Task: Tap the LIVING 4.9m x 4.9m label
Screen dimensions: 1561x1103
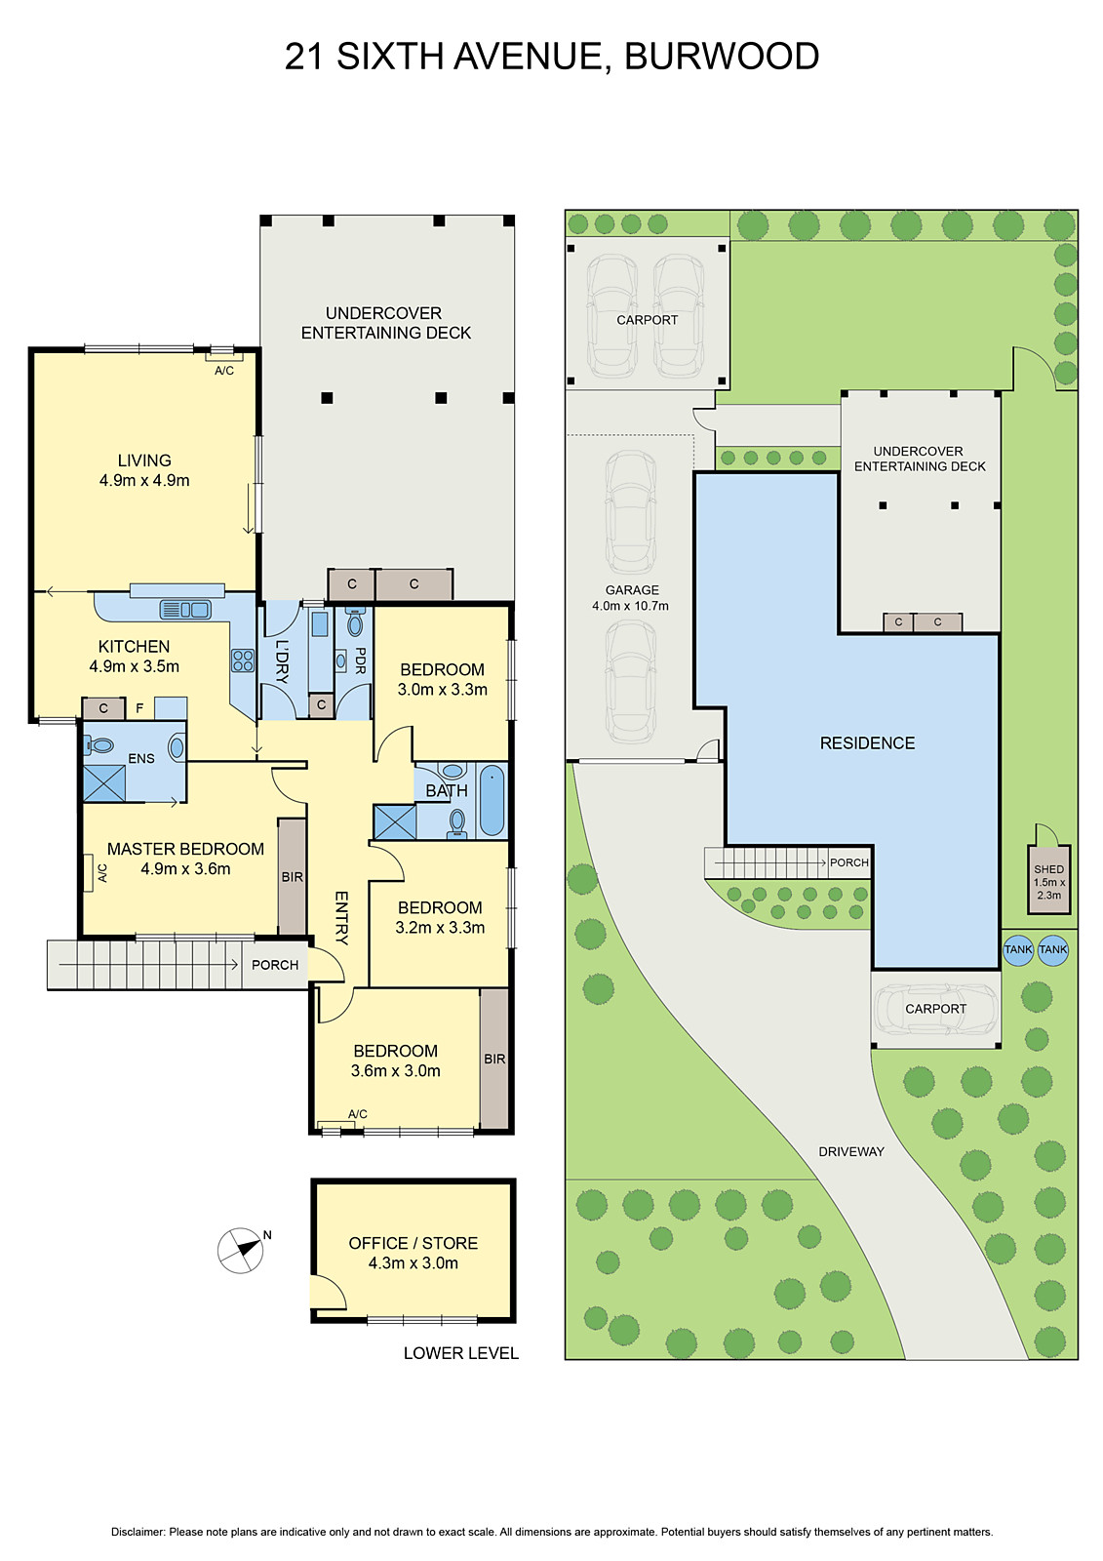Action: point(144,470)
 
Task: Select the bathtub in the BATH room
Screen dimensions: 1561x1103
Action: point(492,800)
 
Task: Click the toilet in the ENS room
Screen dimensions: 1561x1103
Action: point(99,744)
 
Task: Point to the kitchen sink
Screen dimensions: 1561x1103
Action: point(185,610)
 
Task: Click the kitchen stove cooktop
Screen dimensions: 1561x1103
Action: point(242,660)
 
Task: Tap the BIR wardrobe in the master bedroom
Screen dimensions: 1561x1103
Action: point(292,876)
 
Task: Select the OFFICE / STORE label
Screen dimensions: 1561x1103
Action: point(413,1243)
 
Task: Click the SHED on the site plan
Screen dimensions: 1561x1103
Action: point(1049,879)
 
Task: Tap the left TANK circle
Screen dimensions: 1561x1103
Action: point(1018,950)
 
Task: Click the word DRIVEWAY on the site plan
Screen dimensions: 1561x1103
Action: point(850,1151)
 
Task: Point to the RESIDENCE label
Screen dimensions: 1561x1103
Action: point(867,743)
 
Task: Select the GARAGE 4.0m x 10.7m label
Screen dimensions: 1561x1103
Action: point(631,598)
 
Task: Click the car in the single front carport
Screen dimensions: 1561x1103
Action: point(935,1010)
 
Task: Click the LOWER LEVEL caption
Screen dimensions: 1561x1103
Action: point(460,1353)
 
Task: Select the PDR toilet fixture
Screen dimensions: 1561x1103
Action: point(355,623)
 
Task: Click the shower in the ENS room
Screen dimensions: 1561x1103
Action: point(104,783)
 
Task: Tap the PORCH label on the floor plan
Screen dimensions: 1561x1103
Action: point(275,965)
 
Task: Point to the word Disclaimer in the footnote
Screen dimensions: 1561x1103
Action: point(138,1533)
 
